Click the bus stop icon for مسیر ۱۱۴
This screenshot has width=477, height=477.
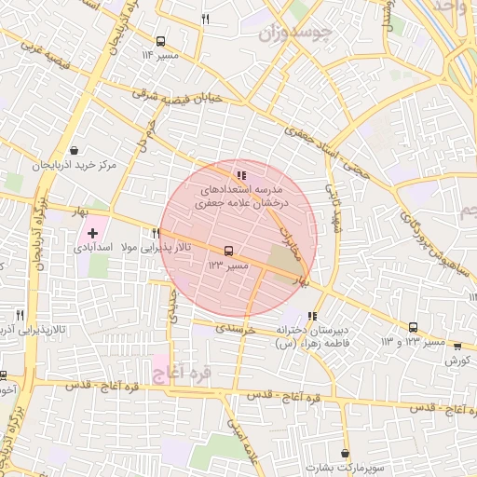point(160,41)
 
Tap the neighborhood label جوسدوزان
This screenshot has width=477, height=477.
point(293,34)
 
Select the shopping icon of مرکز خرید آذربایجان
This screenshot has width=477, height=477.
point(74,150)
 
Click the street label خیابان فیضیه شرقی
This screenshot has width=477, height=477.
point(178,97)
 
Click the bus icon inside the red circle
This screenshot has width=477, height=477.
point(227,251)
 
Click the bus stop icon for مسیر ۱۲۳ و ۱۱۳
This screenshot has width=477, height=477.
point(413,327)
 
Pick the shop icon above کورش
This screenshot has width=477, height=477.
point(457,346)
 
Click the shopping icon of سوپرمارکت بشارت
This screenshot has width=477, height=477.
point(343,449)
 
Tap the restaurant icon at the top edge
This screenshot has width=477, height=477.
point(205,18)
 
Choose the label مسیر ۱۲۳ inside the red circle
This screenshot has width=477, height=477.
point(227,266)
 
